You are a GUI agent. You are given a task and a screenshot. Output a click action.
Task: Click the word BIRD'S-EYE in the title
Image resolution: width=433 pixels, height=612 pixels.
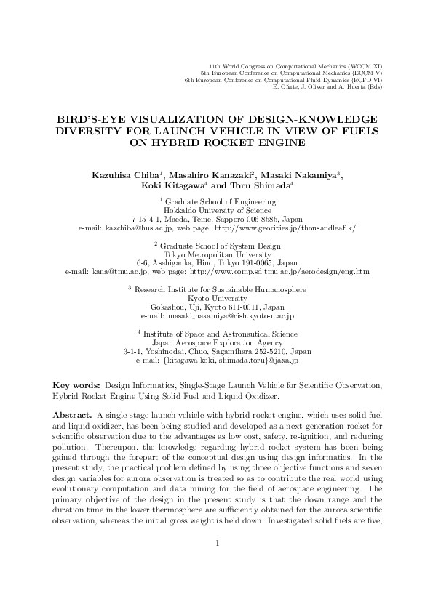[89, 118]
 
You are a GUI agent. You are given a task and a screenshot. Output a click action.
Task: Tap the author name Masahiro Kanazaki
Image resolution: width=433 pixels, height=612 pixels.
[212, 175]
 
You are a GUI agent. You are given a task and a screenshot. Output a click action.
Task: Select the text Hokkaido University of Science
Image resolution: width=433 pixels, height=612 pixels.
[216, 209]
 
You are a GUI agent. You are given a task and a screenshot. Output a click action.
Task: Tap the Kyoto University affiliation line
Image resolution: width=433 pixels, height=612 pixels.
[216, 318]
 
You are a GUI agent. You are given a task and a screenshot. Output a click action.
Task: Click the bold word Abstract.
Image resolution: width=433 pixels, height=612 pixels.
[71, 414]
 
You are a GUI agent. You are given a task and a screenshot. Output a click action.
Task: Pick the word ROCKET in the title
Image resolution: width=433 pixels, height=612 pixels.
[237, 142]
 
